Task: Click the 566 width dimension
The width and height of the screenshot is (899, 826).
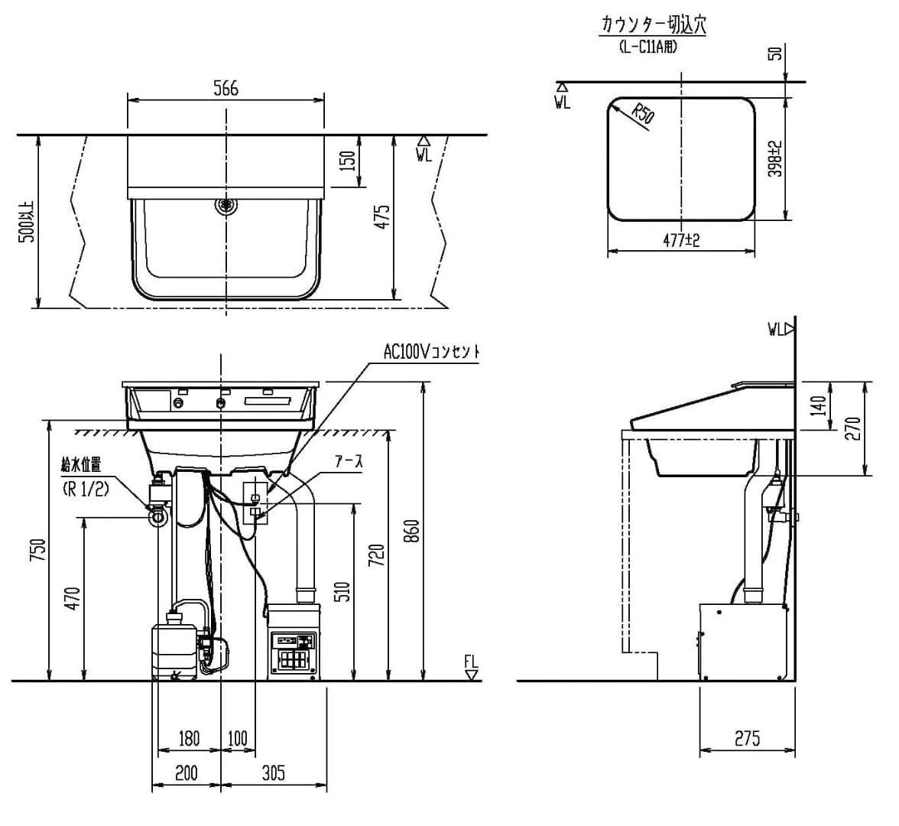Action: pyautogui.click(x=226, y=88)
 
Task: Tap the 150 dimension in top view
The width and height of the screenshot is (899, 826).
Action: pyautogui.click(x=346, y=161)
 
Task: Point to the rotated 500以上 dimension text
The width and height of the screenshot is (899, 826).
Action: pyautogui.click(x=27, y=222)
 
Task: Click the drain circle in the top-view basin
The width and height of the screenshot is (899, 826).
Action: pyautogui.click(x=226, y=205)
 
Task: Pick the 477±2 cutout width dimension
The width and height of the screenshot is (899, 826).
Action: pyautogui.click(x=681, y=239)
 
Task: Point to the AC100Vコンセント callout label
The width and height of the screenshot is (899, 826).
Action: pyautogui.click(x=432, y=352)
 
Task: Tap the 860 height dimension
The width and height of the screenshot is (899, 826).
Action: pyautogui.click(x=411, y=532)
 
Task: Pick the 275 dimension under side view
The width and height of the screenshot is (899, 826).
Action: pyautogui.click(x=747, y=738)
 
